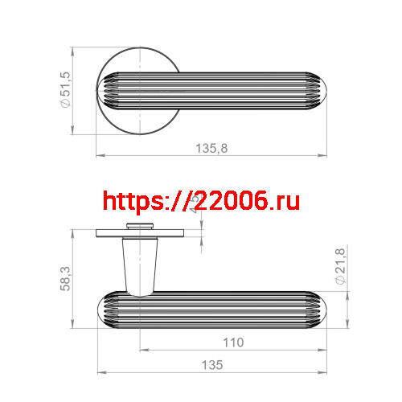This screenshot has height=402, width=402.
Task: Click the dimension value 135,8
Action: pos(212,148)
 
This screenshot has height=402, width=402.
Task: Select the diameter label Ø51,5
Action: pos(66,90)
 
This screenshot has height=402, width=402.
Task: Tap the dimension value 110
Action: pos(233,343)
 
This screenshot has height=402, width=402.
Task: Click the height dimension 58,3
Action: pos(67,280)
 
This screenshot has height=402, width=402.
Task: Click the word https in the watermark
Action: pos(133,201)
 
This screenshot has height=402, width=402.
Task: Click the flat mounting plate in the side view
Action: pos(140,233)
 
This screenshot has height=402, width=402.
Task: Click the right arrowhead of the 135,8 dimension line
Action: pos(328,155)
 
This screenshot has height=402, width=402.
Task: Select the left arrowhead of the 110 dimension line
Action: pos(143,351)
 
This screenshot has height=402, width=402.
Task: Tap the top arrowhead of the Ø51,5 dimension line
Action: pos(74,50)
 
